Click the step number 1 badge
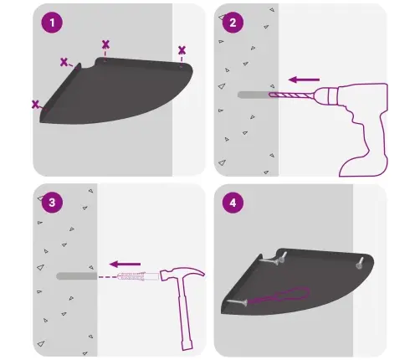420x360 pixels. click(x=52, y=23)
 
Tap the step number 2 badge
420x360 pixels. click(x=233, y=23)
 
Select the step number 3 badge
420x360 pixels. click(x=52, y=203)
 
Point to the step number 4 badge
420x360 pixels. click(x=233, y=203)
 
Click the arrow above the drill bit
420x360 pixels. click(x=304, y=80)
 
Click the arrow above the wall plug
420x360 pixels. click(x=125, y=264)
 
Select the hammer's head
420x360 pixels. click(x=182, y=274)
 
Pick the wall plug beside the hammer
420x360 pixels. click(x=138, y=276)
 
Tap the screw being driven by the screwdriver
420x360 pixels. click(x=238, y=302)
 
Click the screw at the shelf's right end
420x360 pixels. click(x=360, y=263)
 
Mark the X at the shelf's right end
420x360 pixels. click(x=182, y=50)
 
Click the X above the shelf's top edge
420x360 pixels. click(x=105, y=44)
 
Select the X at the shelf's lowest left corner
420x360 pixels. click(x=35, y=105)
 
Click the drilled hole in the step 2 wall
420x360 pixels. click(x=254, y=95)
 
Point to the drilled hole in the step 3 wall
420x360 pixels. click(x=77, y=276)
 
